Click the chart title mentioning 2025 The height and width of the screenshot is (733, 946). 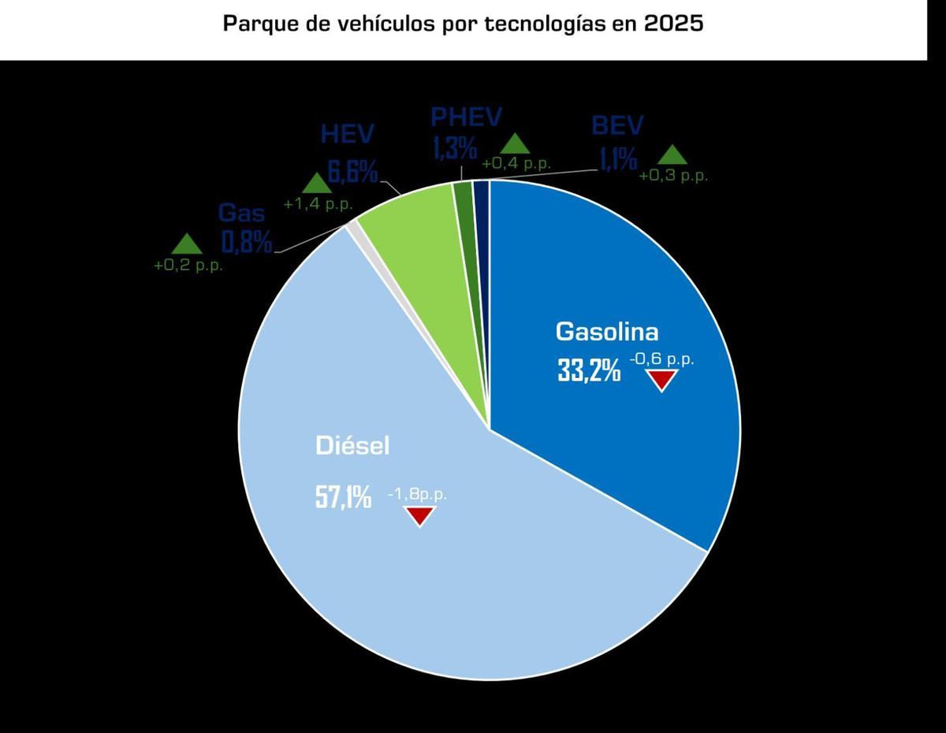(463, 24)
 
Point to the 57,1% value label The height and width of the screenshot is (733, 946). (344, 497)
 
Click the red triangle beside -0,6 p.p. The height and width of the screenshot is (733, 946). (661, 381)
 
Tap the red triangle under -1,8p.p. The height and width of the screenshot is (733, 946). (419, 516)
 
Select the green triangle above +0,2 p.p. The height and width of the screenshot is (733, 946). (187, 244)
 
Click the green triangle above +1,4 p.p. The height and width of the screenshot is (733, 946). (317, 183)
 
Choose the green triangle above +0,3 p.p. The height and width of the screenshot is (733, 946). (672, 154)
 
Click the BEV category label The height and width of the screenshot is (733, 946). (617, 126)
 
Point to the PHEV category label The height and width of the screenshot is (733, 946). (466, 117)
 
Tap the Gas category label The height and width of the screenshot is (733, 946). (241, 213)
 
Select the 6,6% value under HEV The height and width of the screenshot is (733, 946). (352, 172)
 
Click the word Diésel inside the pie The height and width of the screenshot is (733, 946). (352, 446)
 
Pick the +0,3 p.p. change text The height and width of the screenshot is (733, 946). (672, 176)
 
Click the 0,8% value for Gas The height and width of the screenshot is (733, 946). (247, 241)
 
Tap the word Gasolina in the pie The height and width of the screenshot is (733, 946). (606, 331)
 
